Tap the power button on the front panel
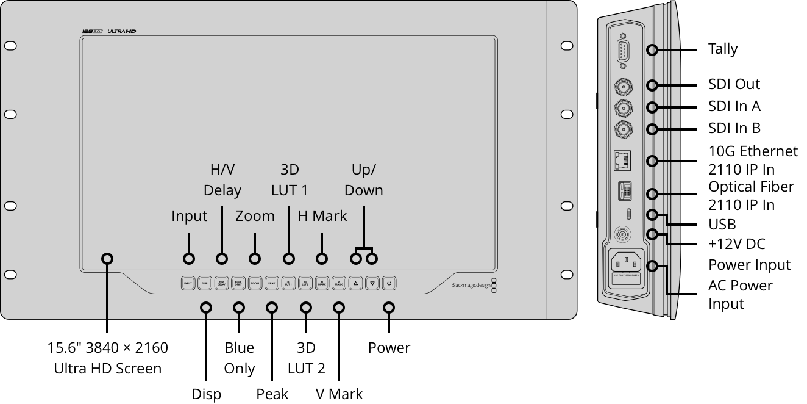[x=389, y=283]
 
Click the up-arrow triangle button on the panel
[x=356, y=283]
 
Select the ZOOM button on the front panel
[x=255, y=283]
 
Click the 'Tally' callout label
[x=723, y=49]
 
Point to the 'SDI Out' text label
[x=734, y=84]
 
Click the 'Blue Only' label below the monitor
[x=239, y=358]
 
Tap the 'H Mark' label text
[x=322, y=215]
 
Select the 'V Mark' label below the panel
[x=339, y=394]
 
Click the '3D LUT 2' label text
[x=306, y=358]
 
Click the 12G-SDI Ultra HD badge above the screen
[x=109, y=31]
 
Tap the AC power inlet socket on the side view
[x=627, y=263]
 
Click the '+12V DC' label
[x=736, y=244]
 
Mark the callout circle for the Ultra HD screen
[x=107, y=258]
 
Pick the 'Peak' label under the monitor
[x=272, y=394]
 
